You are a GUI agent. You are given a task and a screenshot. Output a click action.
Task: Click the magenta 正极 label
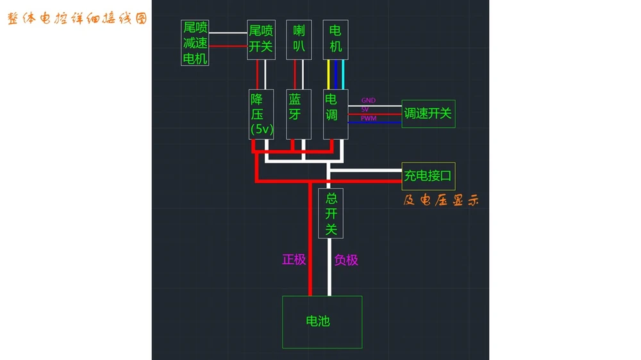click(x=294, y=259)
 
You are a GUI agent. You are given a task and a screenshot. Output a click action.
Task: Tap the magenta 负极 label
click(x=346, y=260)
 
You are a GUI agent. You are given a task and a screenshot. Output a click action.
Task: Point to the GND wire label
click(x=369, y=100)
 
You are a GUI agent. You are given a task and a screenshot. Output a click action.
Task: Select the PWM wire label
click(x=369, y=118)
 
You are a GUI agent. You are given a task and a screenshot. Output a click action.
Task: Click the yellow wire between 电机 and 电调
click(x=328, y=74)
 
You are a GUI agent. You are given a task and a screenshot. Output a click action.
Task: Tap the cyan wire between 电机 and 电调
click(x=343, y=74)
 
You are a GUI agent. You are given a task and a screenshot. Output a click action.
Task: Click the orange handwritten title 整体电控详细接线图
click(x=78, y=19)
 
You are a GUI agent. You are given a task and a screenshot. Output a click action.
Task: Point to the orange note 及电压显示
click(x=441, y=200)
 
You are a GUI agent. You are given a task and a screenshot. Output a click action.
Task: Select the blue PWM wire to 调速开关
click(x=375, y=122)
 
